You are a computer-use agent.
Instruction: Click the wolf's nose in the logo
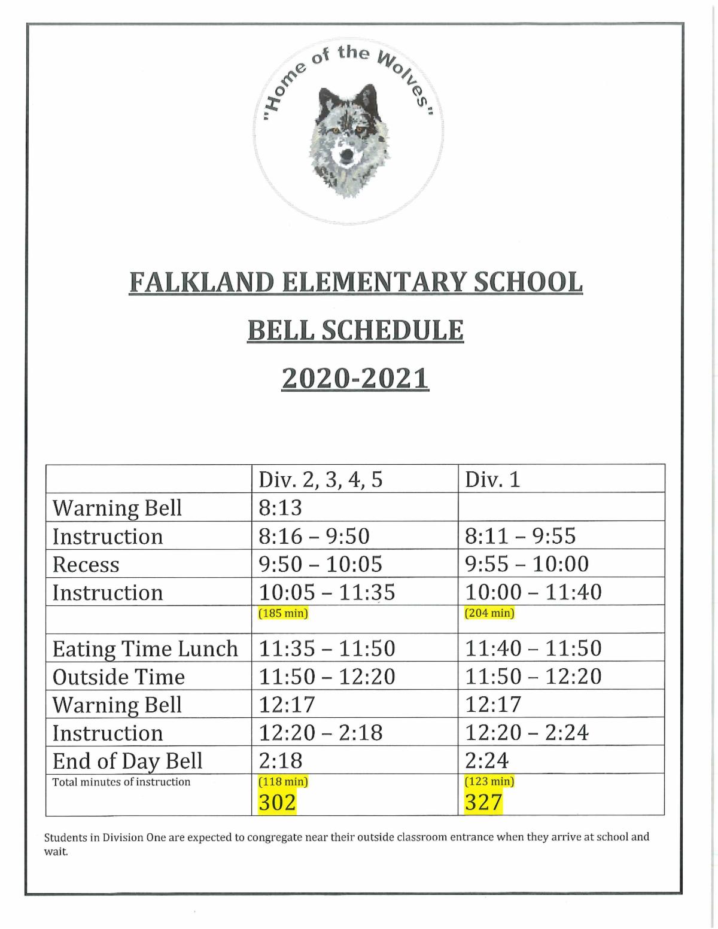(x=346, y=157)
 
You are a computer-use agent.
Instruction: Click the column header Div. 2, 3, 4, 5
(x=320, y=479)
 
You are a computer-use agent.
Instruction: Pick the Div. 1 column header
(x=493, y=479)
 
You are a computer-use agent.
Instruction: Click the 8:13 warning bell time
(x=281, y=507)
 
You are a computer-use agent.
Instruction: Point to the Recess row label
(x=86, y=564)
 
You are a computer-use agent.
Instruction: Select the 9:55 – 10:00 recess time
(x=527, y=564)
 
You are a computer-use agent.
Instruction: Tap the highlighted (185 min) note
(x=283, y=613)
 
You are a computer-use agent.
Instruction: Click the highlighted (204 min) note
(x=489, y=613)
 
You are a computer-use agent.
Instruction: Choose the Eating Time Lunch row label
(x=145, y=648)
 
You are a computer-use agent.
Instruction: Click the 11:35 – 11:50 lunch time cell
(x=327, y=648)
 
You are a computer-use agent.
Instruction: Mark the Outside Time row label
(x=119, y=677)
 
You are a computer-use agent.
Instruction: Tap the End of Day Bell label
(x=127, y=761)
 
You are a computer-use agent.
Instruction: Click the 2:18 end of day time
(x=281, y=761)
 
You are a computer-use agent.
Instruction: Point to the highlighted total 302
(x=277, y=802)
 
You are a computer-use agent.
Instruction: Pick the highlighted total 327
(x=483, y=802)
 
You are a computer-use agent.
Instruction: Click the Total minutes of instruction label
(x=121, y=782)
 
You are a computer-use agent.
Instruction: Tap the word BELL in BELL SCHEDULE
(x=280, y=330)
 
